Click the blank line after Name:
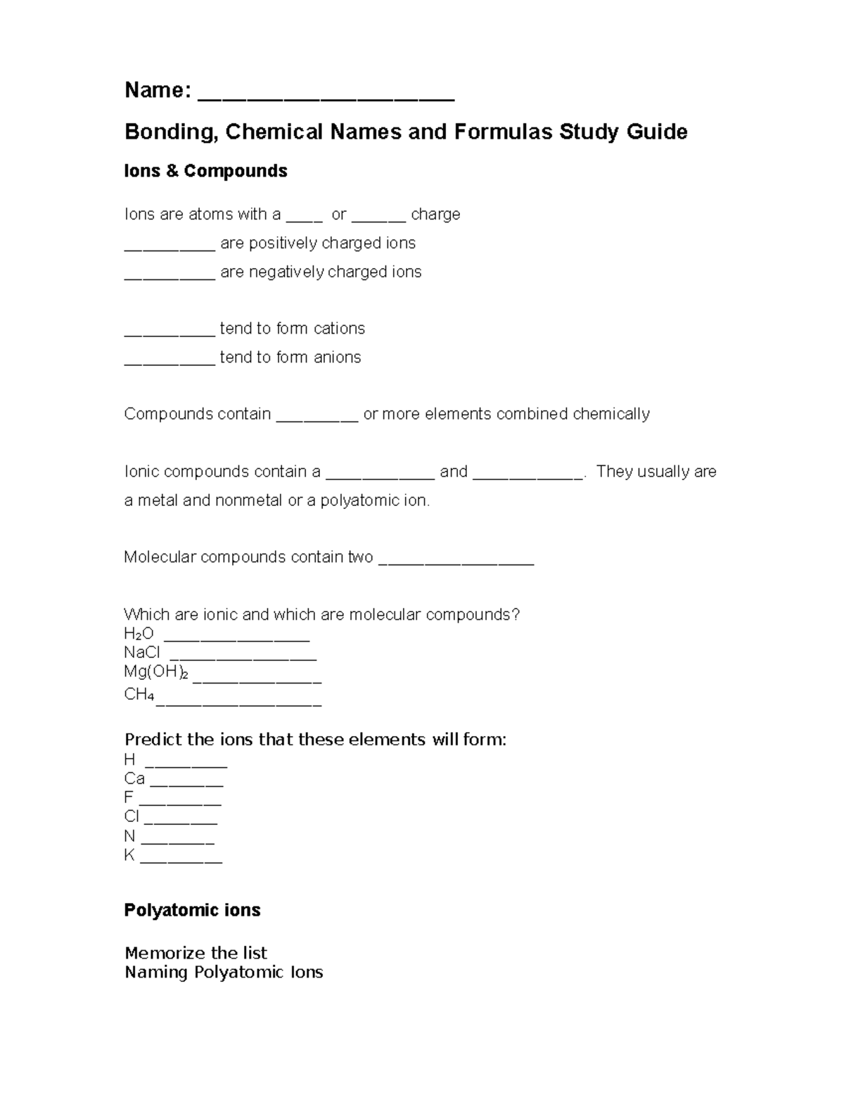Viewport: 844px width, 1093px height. (326, 95)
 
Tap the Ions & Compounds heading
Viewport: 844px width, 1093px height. (205, 171)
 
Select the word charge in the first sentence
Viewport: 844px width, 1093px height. (435, 214)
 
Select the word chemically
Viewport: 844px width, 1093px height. (610, 414)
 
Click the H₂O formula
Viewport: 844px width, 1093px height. (139, 633)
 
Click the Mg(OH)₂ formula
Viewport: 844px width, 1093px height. (155, 672)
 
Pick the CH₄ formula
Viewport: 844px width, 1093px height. (139, 695)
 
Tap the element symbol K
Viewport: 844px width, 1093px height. (129, 855)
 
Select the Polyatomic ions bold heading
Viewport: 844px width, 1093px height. (192, 910)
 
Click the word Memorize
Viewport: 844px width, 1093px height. (159, 953)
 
